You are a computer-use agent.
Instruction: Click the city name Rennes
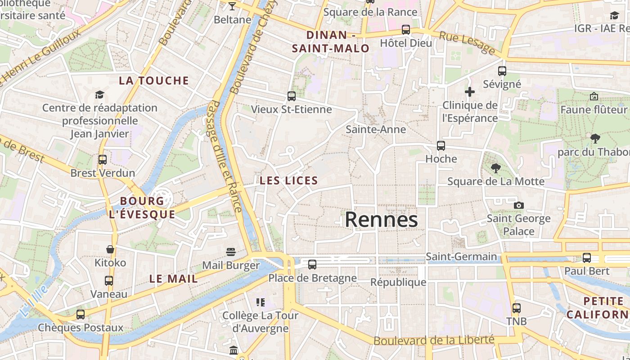click(381, 220)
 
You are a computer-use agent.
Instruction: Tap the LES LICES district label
click(289, 181)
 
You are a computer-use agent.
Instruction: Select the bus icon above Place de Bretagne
click(312, 265)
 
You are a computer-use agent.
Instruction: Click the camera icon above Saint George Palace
click(519, 205)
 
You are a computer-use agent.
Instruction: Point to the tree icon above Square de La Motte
click(496, 168)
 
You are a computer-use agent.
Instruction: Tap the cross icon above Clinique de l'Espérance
click(470, 92)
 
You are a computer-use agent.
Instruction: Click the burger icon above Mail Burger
click(231, 252)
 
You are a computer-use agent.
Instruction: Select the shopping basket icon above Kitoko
click(110, 249)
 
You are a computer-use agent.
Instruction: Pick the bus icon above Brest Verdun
click(103, 159)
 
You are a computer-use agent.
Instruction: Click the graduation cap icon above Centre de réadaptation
click(99, 94)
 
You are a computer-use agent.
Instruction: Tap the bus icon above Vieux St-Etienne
click(292, 96)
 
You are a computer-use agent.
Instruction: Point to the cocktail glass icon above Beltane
click(232, 6)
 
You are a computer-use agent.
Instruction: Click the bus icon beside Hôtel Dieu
click(406, 30)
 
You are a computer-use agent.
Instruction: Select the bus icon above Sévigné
click(502, 71)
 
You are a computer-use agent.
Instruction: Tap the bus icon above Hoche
click(441, 146)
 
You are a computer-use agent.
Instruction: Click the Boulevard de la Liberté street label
click(434, 340)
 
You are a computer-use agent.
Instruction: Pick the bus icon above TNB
click(517, 308)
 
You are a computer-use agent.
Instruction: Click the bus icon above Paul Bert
click(587, 258)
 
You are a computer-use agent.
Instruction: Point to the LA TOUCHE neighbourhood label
click(154, 81)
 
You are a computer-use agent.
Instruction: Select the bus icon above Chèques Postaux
click(81, 315)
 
